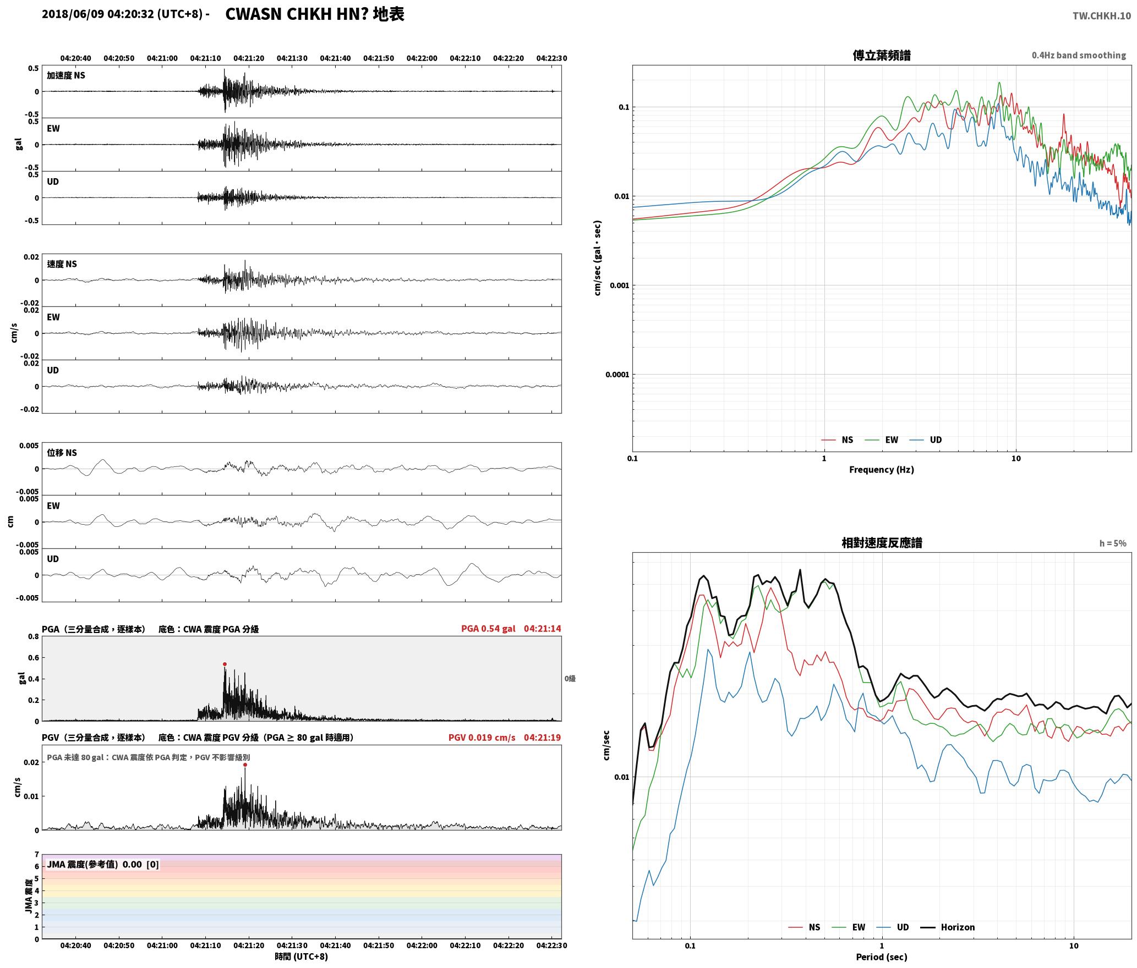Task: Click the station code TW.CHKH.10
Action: click(1102, 16)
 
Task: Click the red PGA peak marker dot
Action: click(225, 664)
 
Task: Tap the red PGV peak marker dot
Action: click(245, 765)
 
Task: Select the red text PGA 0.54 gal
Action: click(488, 629)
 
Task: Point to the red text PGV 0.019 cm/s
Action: click(482, 738)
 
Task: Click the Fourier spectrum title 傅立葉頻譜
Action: click(882, 56)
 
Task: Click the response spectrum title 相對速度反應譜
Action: click(882, 543)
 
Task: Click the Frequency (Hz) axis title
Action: click(882, 470)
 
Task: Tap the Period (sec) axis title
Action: click(882, 957)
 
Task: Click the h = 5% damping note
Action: click(1113, 543)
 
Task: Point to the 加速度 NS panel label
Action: click(66, 75)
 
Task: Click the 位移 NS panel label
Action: click(62, 453)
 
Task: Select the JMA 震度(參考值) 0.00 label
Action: click(102, 865)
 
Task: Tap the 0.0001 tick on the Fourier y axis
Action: click(616, 375)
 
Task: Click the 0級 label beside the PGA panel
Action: click(570, 679)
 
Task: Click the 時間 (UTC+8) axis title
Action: click(302, 956)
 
